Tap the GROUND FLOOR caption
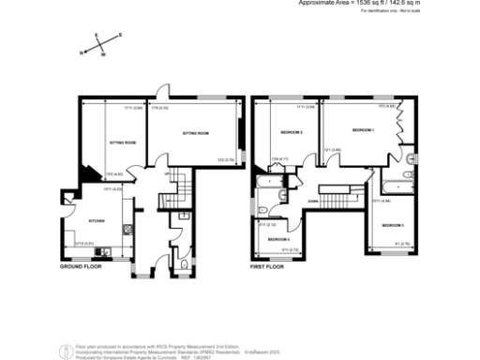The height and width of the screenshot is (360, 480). [x=80, y=267]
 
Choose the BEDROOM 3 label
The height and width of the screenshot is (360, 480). [x=393, y=226]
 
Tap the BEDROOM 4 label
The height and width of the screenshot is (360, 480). [x=278, y=239]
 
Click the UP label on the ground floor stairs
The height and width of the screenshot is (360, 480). [x=167, y=173]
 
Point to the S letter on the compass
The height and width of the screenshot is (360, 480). [x=119, y=37]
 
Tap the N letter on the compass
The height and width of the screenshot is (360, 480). [x=81, y=52]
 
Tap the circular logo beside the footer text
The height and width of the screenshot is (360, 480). [x=63, y=352]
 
